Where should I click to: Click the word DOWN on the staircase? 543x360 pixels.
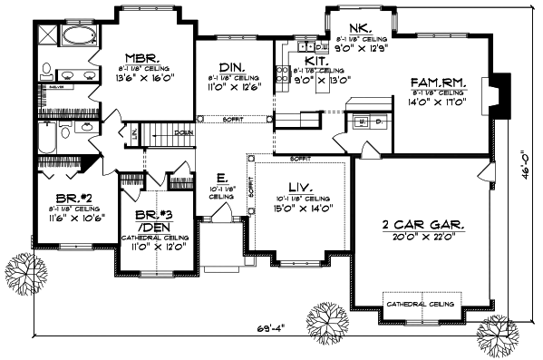pyautogui.click(x=183, y=131)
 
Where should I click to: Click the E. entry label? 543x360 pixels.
pyautogui.click(x=220, y=178)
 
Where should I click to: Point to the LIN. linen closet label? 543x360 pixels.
pyautogui.click(x=135, y=133)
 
